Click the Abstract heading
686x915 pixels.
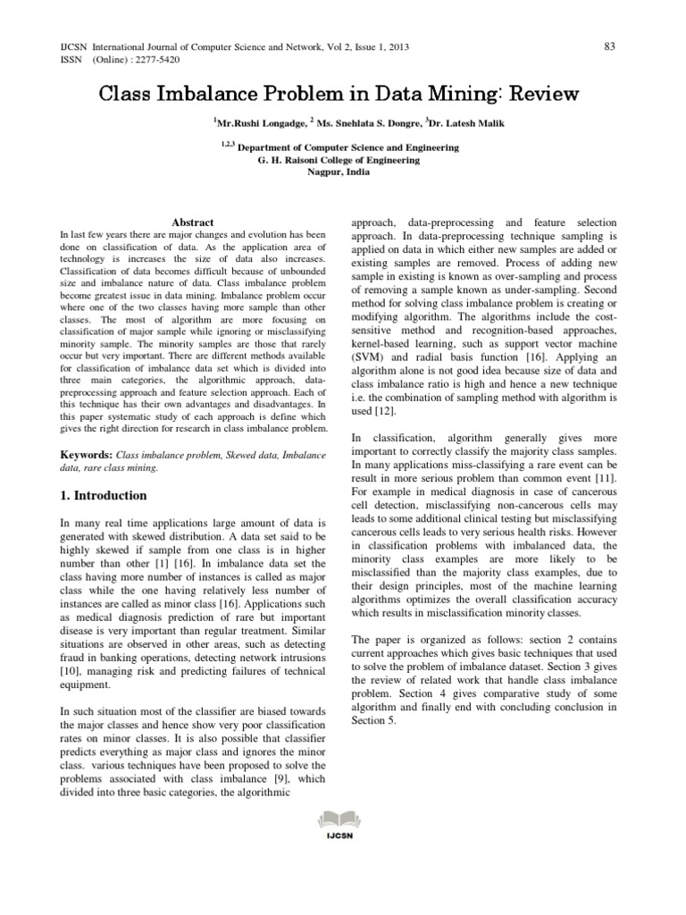[x=192, y=222]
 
